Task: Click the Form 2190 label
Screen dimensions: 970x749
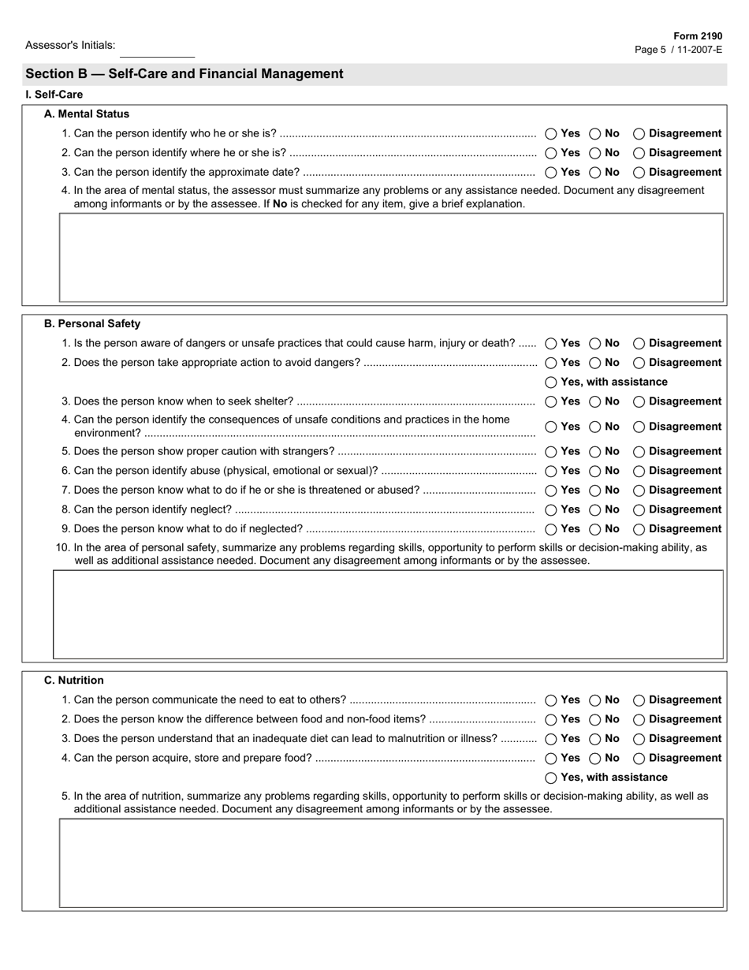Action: click(x=697, y=36)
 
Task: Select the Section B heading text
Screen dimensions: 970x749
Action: click(x=184, y=74)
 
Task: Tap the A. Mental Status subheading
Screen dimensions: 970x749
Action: click(x=87, y=114)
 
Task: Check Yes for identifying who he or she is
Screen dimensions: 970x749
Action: click(x=551, y=134)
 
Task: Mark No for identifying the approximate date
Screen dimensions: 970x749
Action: click(x=595, y=173)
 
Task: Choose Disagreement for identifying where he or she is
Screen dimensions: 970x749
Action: click(x=639, y=153)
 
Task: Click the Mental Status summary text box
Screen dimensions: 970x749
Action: click(x=391, y=257)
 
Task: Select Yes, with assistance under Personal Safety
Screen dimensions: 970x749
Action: click(x=551, y=382)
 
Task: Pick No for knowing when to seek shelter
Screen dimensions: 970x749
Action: click(x=595, y=402)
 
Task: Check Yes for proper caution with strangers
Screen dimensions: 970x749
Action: click(x=551, y=452)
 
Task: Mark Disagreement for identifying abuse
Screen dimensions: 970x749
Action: click(x=639, y=472)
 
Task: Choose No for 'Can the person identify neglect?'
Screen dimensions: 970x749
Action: click(x=595, y=510)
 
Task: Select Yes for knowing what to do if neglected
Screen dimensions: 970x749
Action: click(x=551, y=530)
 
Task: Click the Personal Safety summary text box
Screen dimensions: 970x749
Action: click(x=388, y=614)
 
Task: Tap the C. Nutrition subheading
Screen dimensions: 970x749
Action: click(x=73, y=680)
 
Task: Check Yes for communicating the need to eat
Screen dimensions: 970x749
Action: click(x=551, y=700)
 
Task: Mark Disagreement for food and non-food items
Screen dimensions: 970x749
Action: click(x=639, y=720)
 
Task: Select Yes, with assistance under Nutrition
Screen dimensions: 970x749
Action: click(x=551, y=778)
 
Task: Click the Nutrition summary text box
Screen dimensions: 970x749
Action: click(x=391, y=863)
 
